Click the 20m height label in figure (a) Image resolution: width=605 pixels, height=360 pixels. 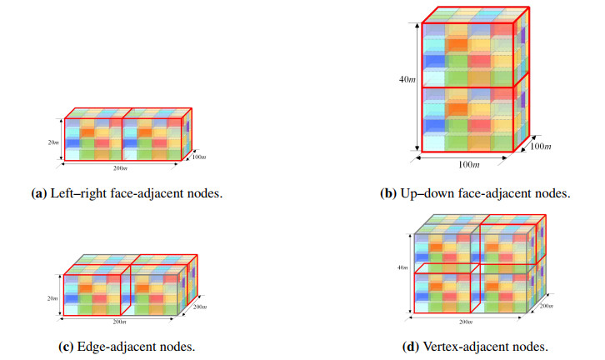[x=53, y=142]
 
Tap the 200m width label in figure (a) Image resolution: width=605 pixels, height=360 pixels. [x=120, y=168]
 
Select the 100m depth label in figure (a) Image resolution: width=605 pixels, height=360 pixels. [x=199, y=157]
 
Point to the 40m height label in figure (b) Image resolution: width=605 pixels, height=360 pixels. [x=407, y=79]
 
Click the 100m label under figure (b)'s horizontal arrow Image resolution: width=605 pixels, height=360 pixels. [x=469, y=165]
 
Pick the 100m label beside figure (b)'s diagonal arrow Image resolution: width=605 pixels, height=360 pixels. [x=540, y=146]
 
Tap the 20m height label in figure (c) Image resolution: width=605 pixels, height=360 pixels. [x=52, y=298]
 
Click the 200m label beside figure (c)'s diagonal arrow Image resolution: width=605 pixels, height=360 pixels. [x=200, y=307]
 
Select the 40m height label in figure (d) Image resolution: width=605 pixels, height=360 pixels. [x=402, y=267]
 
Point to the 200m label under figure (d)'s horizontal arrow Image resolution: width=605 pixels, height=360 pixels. [x=466, y=322]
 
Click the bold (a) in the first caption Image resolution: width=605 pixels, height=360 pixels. [x=39, y=193]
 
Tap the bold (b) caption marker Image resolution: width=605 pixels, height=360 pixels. [x=388, y=193]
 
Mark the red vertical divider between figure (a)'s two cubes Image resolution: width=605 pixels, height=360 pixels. [x=122, y=139]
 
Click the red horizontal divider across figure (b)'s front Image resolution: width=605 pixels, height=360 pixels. [x=467, y=87]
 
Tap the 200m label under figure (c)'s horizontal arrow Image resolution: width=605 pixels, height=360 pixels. [x=119, y=322]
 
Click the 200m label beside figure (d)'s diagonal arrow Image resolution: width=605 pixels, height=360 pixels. [x=546, y=306]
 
